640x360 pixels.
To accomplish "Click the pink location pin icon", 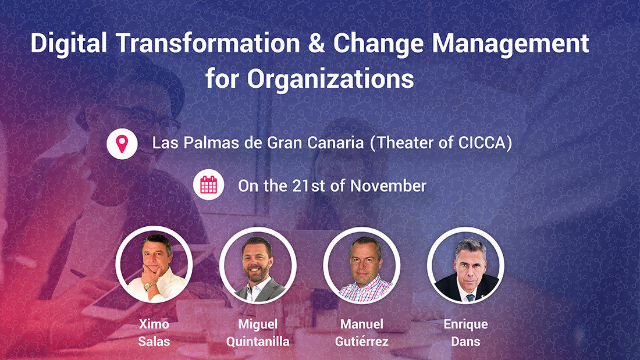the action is pos(122,144).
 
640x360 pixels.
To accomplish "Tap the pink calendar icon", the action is pos(208,186).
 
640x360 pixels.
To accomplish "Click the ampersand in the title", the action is pos(317,43).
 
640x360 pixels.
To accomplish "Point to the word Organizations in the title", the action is pos(330,79).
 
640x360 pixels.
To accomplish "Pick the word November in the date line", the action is pos(388,186).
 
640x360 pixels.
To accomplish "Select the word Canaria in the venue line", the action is pos(335,143).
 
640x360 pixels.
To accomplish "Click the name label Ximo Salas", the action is pos(154,333).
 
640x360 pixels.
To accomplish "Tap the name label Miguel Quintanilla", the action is pos(258,333).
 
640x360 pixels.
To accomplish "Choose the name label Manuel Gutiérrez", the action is pos(362,333).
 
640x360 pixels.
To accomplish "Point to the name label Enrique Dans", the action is pos(465,333).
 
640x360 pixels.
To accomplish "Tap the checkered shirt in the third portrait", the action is pos(364,290).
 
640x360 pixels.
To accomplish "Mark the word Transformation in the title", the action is pos(208,43).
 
